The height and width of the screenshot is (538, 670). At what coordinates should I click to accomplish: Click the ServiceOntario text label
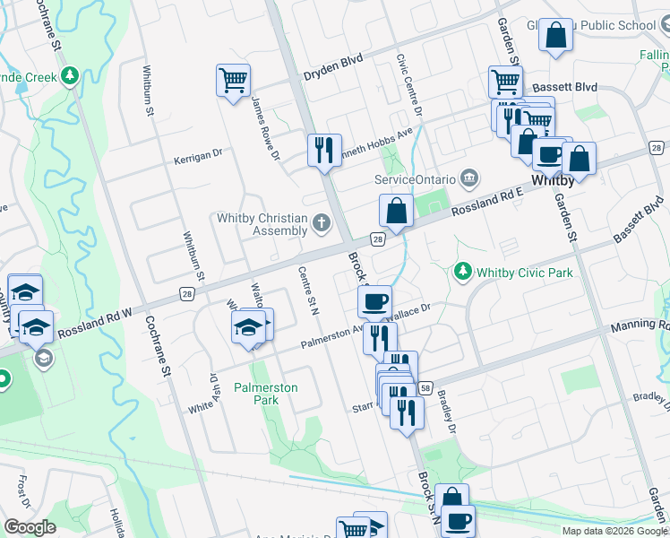coord(415,179)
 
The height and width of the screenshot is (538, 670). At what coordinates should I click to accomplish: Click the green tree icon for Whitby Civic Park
coord(462,271)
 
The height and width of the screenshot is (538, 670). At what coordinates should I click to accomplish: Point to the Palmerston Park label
coord(265,394)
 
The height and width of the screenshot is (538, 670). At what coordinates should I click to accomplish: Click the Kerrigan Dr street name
coord(198,155)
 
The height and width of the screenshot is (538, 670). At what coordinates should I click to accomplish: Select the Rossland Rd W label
coord(94,324)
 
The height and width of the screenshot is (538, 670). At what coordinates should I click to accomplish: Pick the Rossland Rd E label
coord(486,202)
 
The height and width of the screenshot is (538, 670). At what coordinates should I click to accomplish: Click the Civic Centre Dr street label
coord(408,84)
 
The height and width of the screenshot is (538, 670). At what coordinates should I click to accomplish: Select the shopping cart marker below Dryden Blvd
coord(233,81)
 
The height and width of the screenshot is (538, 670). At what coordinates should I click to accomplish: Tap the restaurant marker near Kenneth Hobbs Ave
coord(324,149)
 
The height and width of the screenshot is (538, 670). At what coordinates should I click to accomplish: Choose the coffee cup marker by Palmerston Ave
coord(374,300)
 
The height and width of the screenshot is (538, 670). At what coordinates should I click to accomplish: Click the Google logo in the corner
coord(30,527)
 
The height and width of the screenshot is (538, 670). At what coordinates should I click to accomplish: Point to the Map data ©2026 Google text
coord(614,531)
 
